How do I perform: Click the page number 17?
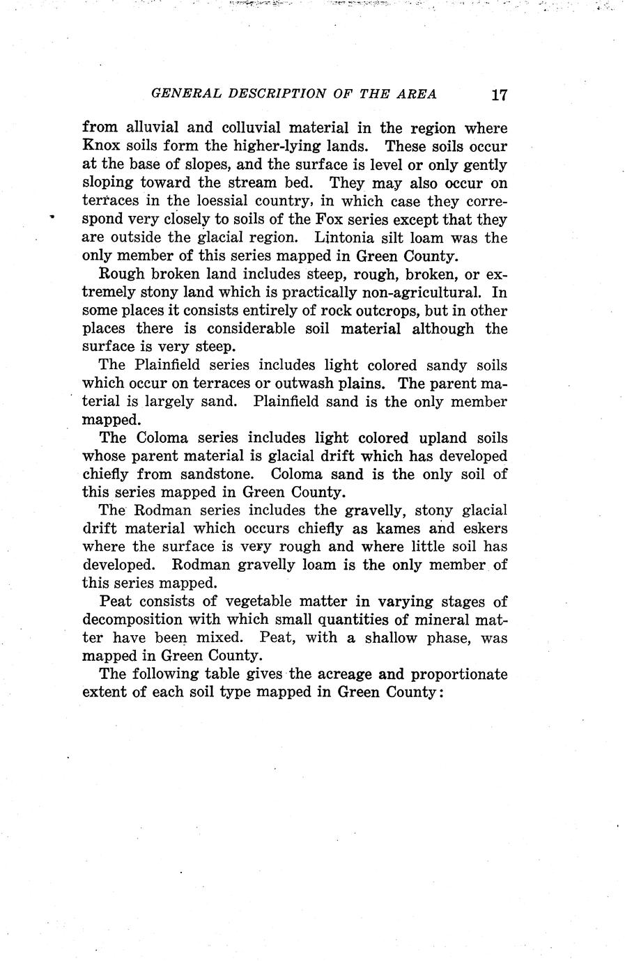point(497,95)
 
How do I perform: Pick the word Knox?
point(102,147)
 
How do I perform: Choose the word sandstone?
point(210,474)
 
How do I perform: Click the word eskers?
point(483,529)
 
